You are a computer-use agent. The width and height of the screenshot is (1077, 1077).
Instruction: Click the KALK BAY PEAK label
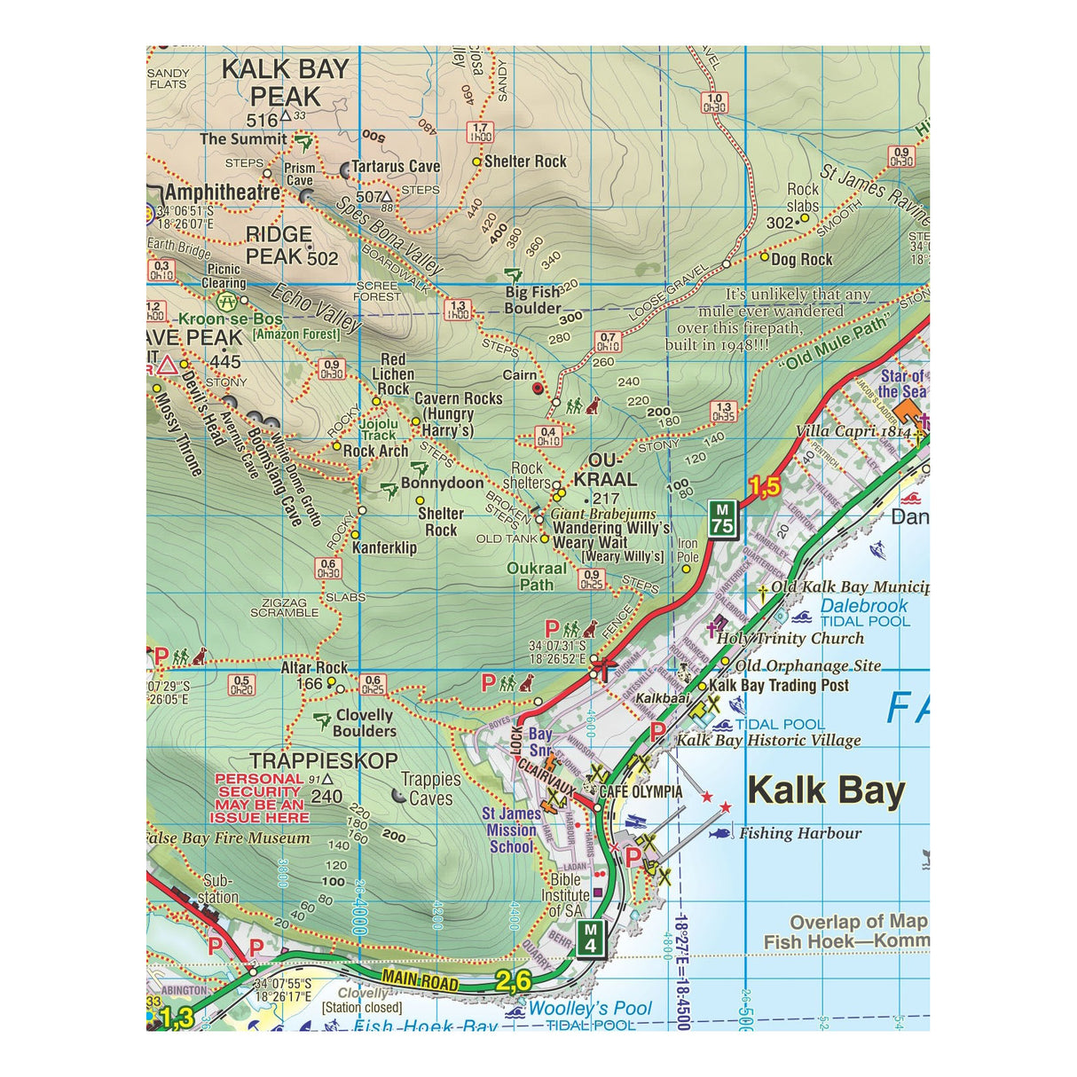[x=285, y=83]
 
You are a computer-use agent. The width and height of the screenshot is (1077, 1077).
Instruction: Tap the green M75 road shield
[x=722, y=518]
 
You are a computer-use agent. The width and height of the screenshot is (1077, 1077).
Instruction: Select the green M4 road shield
[x=591, y=939]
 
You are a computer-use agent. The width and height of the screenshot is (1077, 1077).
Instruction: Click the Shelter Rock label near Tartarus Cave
[x=524, y=161]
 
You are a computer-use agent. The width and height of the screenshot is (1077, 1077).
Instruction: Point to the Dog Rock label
[x=801, y=259]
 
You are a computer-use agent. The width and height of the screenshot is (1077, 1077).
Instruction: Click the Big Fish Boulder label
[x=532, y=300]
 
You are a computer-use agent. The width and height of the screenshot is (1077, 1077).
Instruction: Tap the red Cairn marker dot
[x=536, y=388]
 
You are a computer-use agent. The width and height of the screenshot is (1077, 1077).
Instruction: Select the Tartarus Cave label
[x=396, y=166]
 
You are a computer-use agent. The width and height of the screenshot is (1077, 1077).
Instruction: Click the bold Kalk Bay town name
[x=825, y=790]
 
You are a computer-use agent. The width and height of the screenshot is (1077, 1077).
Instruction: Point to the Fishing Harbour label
[x=799, y=833]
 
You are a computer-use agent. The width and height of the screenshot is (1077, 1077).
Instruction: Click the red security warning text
[x=260, y=798]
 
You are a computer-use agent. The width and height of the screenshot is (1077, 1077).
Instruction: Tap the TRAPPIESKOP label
[x=323, y=760]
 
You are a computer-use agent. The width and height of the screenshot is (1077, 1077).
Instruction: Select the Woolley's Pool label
[x=589, y=1009]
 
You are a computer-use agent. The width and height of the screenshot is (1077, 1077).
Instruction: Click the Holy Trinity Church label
[x=790, y=638]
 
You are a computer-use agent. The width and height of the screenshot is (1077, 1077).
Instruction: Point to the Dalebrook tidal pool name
[x=863, y=606]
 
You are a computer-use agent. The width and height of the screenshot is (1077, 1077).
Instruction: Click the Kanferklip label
[x=384, y=547]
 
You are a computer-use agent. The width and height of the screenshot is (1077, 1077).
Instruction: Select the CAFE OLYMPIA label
[x=641, y=791]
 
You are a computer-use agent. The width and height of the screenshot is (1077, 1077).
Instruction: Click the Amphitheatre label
[x=222, y=193]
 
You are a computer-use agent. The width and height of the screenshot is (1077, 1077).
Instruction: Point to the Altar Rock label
[x=314, y=667]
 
